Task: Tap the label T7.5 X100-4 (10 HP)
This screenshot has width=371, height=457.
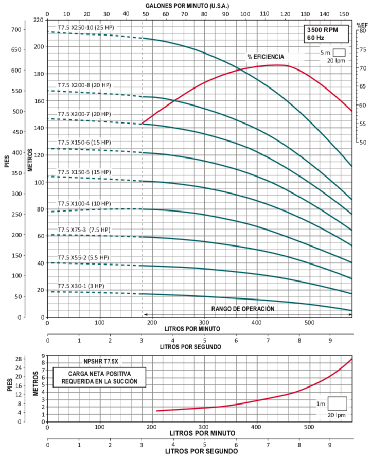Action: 84,203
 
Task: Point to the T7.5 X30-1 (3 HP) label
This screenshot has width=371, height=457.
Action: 81,286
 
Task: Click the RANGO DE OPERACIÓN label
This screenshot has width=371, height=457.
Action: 243,309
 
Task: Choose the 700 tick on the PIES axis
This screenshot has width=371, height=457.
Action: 17,29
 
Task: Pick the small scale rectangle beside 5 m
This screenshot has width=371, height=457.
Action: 338,52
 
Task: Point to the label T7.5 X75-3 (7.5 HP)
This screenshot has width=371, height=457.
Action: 84,230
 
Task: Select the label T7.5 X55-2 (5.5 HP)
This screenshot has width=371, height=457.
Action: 83,257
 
